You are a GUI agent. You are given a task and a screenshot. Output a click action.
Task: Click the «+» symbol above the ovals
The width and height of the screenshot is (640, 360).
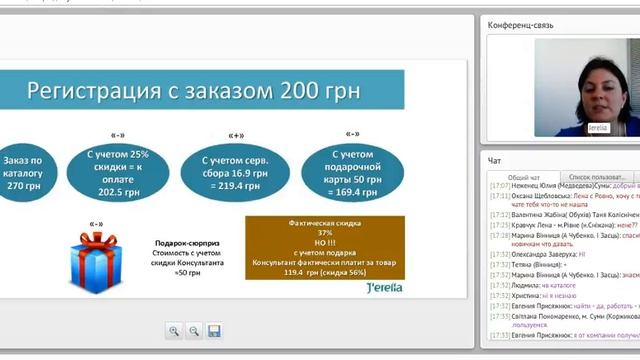coord(236,133)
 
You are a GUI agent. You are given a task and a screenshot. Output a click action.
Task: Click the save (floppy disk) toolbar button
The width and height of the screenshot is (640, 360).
coord(214,330)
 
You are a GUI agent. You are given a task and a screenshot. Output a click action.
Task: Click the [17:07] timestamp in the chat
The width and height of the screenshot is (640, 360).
coord(499,187)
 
